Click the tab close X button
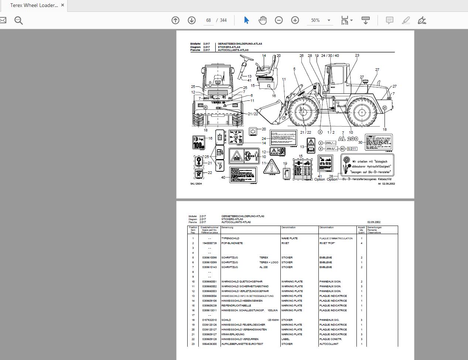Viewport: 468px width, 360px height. point(62,5)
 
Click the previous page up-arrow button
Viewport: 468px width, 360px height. point(175,20)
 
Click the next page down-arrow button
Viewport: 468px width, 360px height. point(192,20)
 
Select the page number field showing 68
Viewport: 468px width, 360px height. point(208,20)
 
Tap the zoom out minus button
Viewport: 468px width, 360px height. point(279,20)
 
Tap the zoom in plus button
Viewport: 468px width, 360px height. point(295,20)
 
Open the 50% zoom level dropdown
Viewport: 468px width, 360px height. point(329,20)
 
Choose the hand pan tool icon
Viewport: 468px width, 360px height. point(263,20)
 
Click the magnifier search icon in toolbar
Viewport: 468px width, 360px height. point(18,20)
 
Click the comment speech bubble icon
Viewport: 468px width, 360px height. point(389,20)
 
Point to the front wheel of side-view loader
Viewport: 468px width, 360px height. point(303,111)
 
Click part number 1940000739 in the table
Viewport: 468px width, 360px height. point(209,243)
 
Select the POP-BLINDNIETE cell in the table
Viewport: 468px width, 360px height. point(232,243)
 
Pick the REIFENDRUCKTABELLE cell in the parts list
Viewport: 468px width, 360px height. point(236,306)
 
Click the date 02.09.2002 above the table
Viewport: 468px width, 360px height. point(374,222)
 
